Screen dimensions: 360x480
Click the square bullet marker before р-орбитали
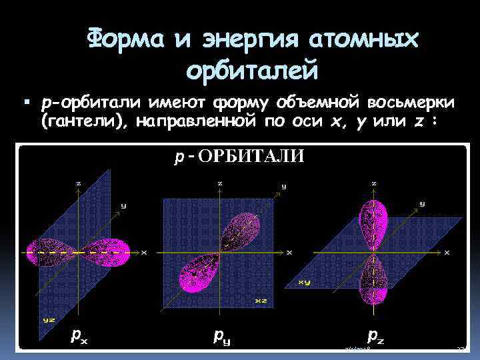pos(27,103)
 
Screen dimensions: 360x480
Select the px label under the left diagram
pos(79,335)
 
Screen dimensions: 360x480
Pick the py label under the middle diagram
pos(221,336)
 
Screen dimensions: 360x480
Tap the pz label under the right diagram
pos(375,335)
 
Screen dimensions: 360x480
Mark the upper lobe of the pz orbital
pos(373,217)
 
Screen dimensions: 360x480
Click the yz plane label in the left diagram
pos(49,319)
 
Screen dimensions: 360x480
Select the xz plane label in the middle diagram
pos(261,301)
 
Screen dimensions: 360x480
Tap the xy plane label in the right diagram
pos(304,282)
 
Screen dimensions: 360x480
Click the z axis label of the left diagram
pos(79,183)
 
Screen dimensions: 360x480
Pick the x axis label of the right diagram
pos(447,253)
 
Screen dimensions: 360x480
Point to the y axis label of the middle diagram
pos(284,187)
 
